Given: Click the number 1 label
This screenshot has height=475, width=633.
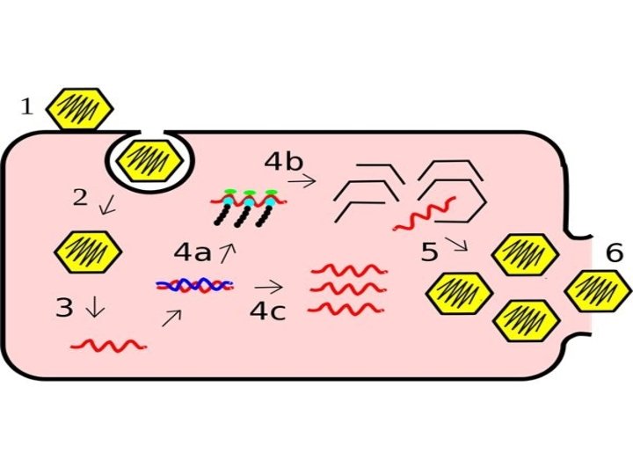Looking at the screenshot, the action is pos(26,107).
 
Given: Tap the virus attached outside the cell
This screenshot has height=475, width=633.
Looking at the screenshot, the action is pos(79,108).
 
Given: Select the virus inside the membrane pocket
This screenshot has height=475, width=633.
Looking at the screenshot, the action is pos(149,158).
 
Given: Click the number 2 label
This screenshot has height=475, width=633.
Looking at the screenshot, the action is pos(80,198).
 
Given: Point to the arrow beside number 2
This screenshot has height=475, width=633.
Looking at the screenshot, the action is pos(107,206).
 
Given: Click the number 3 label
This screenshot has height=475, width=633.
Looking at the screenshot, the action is pos(64,308).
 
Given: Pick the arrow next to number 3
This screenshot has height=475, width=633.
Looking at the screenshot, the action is pos(95,308).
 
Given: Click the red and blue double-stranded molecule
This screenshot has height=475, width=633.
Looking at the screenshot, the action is pos(194,285).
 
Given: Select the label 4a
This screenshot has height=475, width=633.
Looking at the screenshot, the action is pos(193,253).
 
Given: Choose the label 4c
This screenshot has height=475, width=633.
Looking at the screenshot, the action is pos(268,311).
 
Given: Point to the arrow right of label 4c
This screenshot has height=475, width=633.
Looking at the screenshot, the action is pos(269,287).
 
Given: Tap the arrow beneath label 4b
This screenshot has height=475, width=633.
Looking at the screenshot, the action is pos(302,182).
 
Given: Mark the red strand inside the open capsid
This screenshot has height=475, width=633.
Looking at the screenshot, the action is pos(425,214).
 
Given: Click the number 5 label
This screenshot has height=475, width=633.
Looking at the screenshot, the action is pos(429,253).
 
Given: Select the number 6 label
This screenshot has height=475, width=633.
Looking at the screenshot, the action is pos(615,253).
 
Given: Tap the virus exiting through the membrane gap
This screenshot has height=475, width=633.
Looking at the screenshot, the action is pos(597,288).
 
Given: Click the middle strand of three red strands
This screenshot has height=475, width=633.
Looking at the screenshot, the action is pos(348,288).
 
